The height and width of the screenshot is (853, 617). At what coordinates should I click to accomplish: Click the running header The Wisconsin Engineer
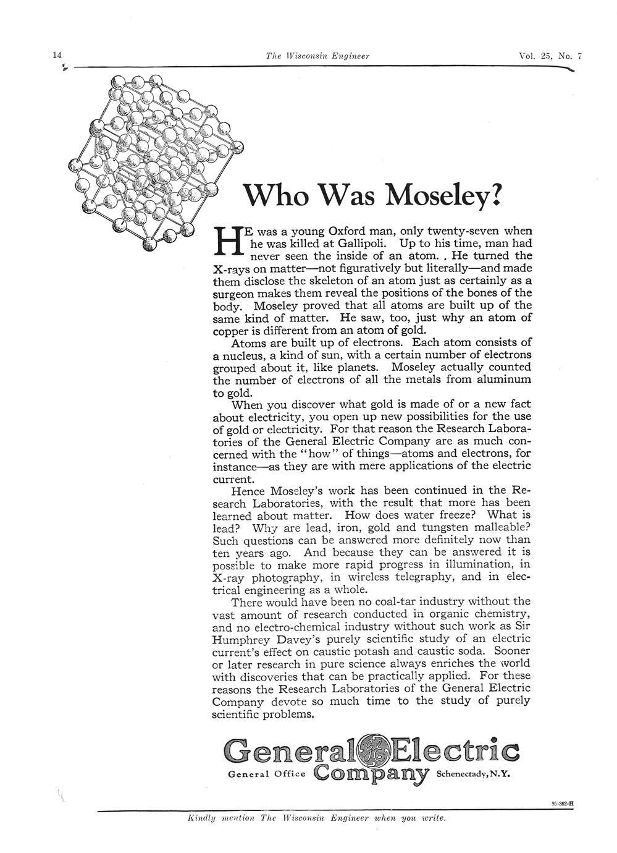point(317,56)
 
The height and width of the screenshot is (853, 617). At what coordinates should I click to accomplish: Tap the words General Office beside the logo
point(267,774)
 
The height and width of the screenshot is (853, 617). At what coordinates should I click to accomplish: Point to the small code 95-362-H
point(561,804)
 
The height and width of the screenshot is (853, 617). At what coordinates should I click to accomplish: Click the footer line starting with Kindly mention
point(316,818)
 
